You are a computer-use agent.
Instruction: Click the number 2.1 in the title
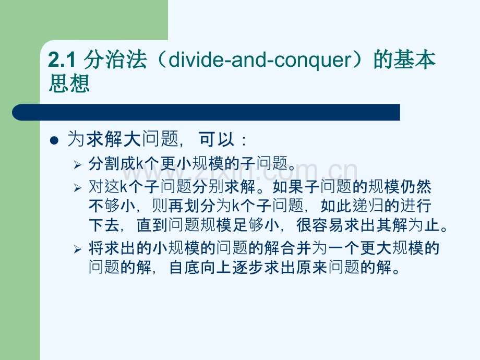[62, 59]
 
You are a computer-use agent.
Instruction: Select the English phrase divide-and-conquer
[260, 59]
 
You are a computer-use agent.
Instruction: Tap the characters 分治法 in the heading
[115, 59]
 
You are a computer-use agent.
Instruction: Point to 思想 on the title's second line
[69, 83]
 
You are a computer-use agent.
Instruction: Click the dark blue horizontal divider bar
[206, 112]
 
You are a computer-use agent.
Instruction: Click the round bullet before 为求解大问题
[54, 140]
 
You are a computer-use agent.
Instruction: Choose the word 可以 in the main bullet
[217, 139]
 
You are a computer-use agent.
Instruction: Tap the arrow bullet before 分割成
[77, 165]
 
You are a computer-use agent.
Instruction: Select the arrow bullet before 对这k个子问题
[77, 188]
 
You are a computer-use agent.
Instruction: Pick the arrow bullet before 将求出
[77, 249]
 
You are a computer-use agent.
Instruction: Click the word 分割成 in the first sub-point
[112, 163]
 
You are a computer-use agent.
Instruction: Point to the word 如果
[289, 187]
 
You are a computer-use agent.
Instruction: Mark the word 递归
[368, 206]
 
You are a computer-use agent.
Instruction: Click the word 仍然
[416, 187]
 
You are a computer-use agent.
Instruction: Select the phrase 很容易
[320, 225]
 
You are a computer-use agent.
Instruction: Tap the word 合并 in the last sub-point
[296, 248]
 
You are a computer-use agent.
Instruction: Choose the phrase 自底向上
[200, 267]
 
